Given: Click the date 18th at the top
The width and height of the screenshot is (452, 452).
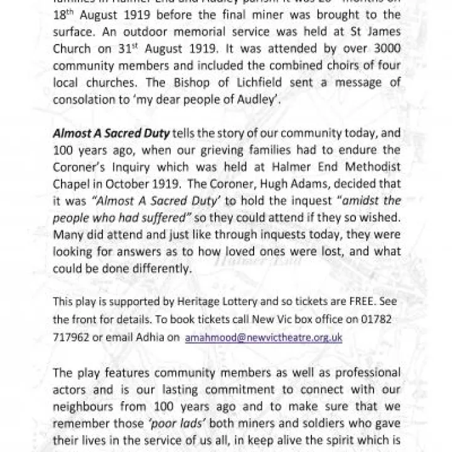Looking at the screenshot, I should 62,16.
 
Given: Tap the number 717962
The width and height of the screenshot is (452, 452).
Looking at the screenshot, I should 72,337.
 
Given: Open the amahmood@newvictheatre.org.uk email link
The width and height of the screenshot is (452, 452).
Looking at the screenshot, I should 264,337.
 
